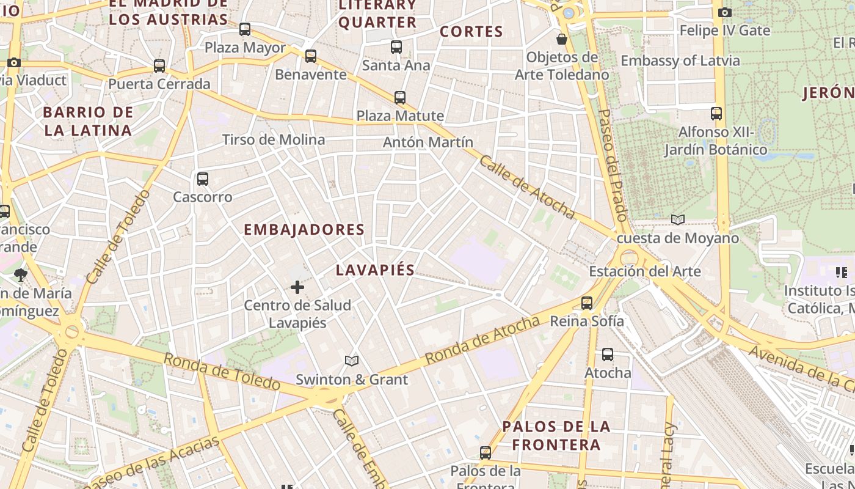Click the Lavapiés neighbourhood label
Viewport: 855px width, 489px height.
(375, 270)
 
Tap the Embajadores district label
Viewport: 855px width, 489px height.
(304, 230)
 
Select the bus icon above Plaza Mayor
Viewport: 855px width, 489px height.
(245, 29)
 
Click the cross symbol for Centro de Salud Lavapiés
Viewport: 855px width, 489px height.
(297, 287)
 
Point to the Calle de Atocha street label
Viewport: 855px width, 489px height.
(527, 186)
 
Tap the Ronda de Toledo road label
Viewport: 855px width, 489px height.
(221, 371)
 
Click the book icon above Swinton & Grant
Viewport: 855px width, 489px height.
(351, 361)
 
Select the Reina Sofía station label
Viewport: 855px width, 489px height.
(587, 321)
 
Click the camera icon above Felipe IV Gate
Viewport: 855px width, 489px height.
(725, 12)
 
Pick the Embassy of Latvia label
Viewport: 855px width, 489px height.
(680, 61)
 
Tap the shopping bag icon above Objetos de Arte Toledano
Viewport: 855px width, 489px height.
(562, 39)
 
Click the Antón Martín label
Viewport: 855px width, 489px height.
(428, 142)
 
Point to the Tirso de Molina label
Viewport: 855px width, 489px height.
(274, 139)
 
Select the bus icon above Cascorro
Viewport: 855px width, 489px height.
(203, 179)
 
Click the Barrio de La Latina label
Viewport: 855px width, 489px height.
(88, 121)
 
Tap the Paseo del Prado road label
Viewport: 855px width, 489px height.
(613, 165)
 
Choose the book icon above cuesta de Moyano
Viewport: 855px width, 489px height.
(678, 219)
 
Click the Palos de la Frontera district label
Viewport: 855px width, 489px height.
(556, 435)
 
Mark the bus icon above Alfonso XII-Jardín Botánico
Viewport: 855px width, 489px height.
(716, 113)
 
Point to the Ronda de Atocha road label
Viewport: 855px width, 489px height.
(482, 339)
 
